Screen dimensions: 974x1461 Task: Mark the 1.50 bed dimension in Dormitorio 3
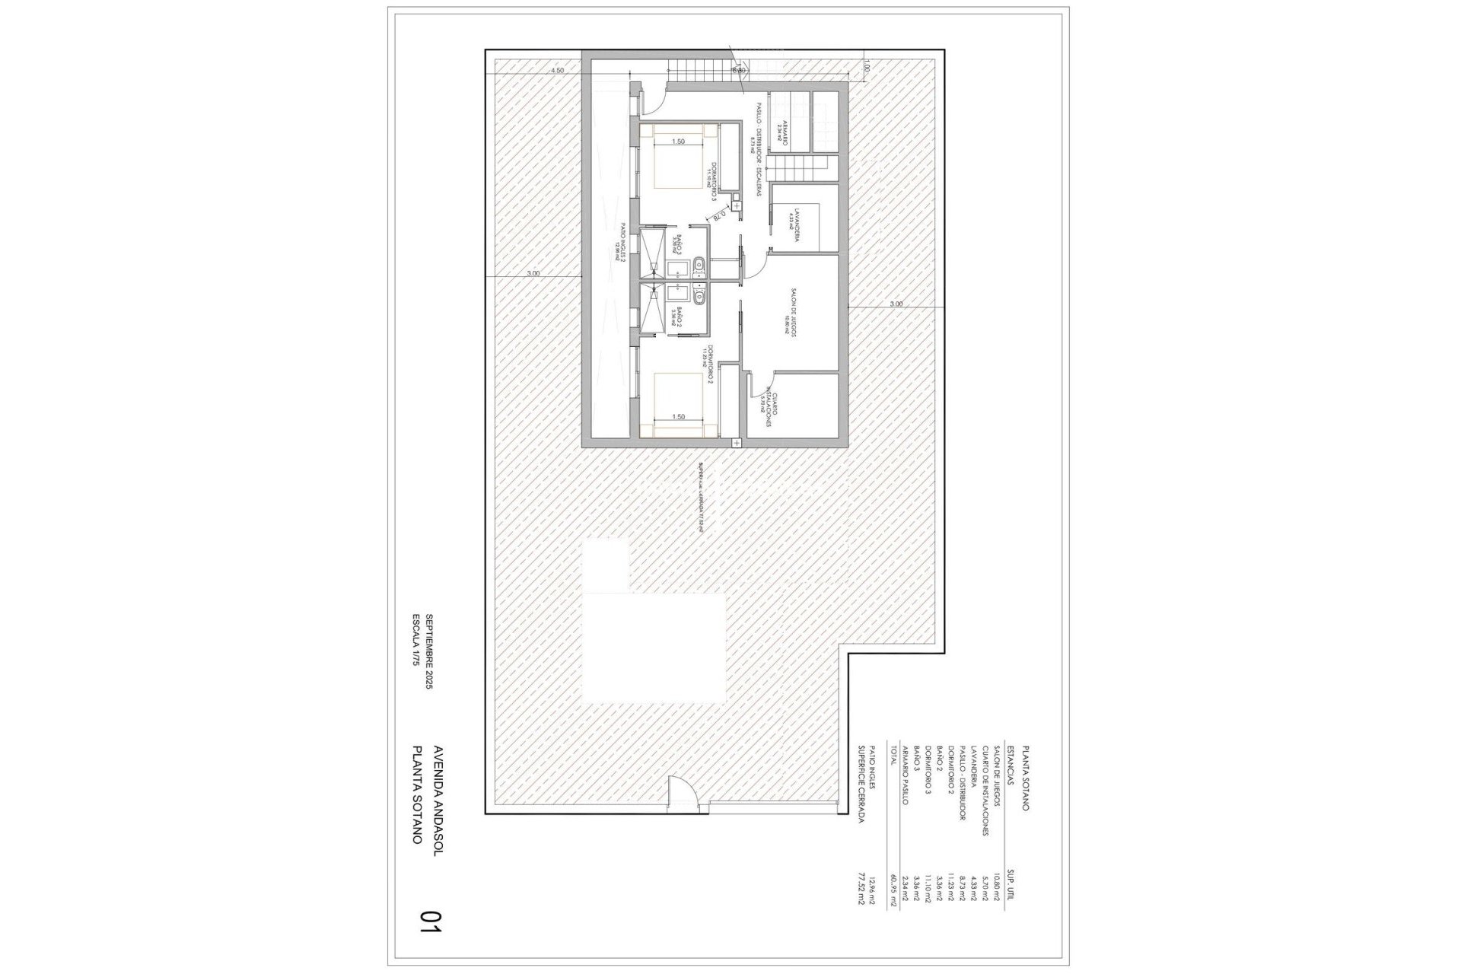coord(679,142)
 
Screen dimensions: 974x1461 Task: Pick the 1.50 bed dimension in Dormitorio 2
coord(679,417)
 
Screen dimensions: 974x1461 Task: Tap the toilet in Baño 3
coord(700,266)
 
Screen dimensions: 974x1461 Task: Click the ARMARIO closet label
coord(781,135)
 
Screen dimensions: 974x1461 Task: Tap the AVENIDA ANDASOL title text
coord(436,791)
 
